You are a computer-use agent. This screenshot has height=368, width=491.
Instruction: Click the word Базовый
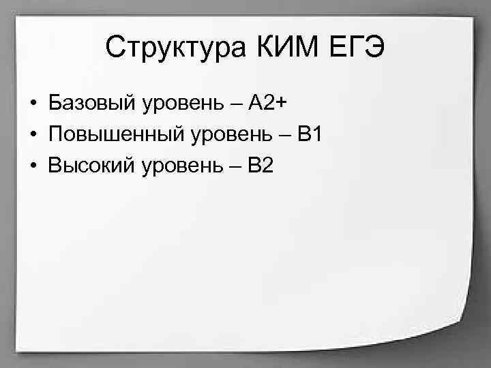[x=91, y=104]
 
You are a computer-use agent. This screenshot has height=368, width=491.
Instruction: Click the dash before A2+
[x=235, y=104]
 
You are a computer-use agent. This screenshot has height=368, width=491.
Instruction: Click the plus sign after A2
[x=282, y=104]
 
